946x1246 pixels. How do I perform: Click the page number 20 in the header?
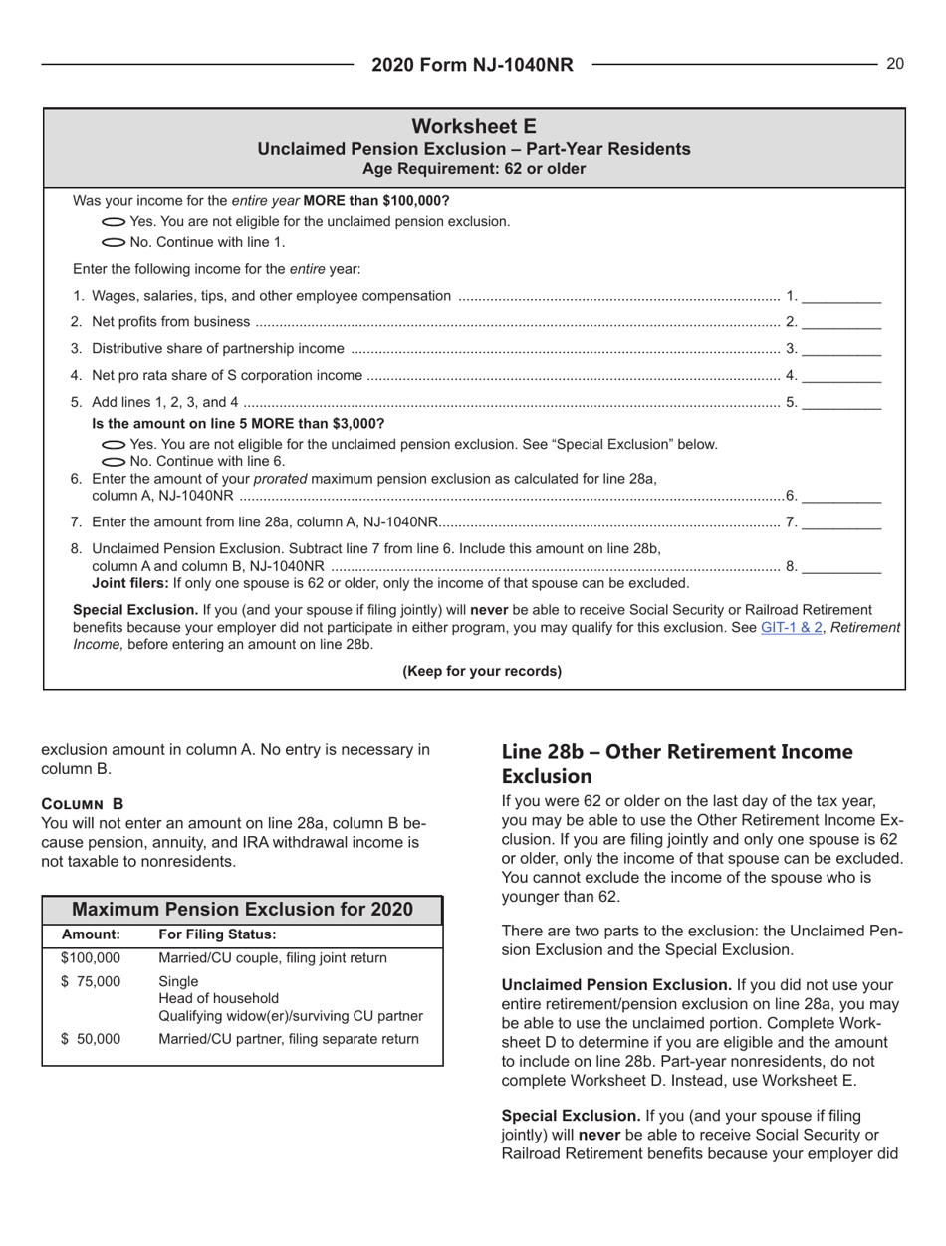point(894,64)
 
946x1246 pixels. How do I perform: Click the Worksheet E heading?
point(474,127)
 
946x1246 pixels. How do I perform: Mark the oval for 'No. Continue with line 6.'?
point(115,461)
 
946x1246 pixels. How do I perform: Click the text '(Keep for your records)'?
point(482,670)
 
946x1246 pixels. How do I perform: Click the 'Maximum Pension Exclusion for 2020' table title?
point(242,910)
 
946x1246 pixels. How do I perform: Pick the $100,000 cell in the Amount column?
point(91,958)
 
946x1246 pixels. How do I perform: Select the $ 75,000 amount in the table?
point(91,982)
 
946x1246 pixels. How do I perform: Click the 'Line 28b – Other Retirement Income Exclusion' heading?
point(676,763)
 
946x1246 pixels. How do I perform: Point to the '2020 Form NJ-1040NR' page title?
point(473,65)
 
